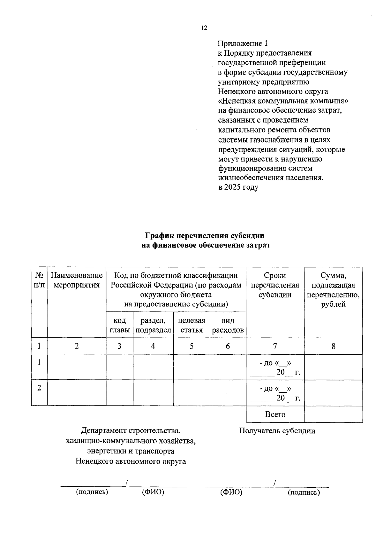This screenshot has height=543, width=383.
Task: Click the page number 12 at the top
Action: (204, 28)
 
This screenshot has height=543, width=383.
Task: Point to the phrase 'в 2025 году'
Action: (238, 187)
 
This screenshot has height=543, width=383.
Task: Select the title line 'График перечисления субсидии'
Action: (205, 236)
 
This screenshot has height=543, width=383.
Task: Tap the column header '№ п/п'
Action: (39, 280)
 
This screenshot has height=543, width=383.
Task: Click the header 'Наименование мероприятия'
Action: (77, 280)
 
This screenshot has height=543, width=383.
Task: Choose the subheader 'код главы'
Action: (119, 325)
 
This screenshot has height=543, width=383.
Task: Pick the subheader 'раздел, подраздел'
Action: (153, 325)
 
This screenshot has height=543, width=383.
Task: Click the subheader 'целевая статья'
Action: (191, 325)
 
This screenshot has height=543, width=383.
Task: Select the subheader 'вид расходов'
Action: (228, 325)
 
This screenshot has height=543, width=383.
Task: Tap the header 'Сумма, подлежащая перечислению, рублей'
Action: (333, 289)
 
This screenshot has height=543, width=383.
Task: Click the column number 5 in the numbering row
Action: (191, 346)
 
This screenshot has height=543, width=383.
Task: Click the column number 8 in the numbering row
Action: (333, 346)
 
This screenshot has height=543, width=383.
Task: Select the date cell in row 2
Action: (275, 393)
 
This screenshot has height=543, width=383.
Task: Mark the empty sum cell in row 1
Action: (333, 367)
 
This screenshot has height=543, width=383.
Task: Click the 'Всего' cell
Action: (275, 414)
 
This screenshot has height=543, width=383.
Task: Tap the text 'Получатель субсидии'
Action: (277, 431)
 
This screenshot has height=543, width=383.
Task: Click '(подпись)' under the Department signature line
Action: (92, 492)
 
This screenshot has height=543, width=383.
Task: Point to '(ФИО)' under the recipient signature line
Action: (231, 492)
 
